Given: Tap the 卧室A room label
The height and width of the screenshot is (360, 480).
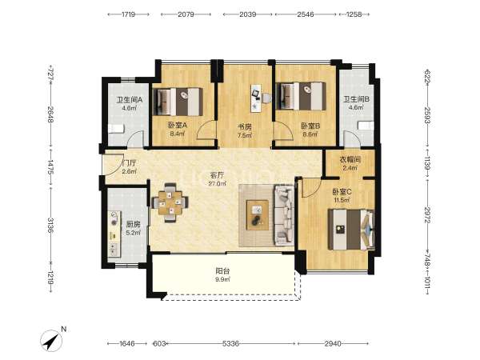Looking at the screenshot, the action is pos(178,126).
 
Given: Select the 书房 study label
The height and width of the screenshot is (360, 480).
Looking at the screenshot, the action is pos(245,126).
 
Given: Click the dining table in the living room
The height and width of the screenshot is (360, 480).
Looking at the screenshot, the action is pos(170,202).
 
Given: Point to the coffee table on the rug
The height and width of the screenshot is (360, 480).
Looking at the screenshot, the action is pos(258,215).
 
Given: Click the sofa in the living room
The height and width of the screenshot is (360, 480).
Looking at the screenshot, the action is pos(284,215).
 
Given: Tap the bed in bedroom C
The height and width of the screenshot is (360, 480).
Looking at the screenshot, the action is pos(351,230).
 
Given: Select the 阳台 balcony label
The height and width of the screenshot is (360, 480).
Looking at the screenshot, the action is pos(222,271).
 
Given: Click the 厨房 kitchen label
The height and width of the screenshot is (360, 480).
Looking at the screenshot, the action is pos(133,224).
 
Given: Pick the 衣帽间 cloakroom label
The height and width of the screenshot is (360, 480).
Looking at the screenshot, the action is pos(350,160).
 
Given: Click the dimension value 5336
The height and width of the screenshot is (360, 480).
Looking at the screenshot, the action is pos(230,343).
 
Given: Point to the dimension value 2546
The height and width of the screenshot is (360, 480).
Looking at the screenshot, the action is pos(306,14).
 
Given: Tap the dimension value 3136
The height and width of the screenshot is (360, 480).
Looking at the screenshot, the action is pos(50,225).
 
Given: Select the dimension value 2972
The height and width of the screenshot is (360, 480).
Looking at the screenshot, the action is pos(428,215).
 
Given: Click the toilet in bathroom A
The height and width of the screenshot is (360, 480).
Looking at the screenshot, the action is pos(116,129).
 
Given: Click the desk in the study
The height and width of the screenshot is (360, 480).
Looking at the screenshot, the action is pos(256,98).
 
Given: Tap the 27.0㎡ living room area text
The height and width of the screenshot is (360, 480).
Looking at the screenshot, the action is pos(218,184).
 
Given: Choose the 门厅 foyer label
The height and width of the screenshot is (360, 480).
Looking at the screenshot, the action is pos(129,163).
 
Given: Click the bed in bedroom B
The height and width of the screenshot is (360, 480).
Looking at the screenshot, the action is pos(301,96).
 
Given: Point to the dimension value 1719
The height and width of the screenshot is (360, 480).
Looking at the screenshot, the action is pos(128,14).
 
